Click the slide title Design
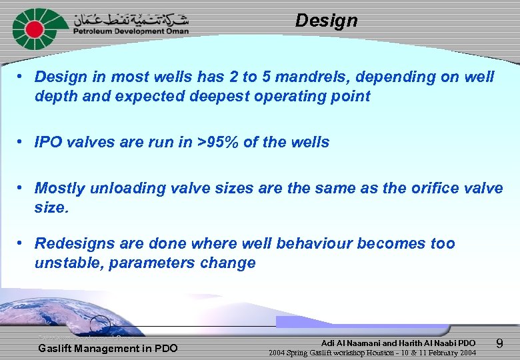[326, 21]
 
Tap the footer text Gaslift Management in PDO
[107, 348]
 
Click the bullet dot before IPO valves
[22, 142]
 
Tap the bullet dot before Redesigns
[22, 243]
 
